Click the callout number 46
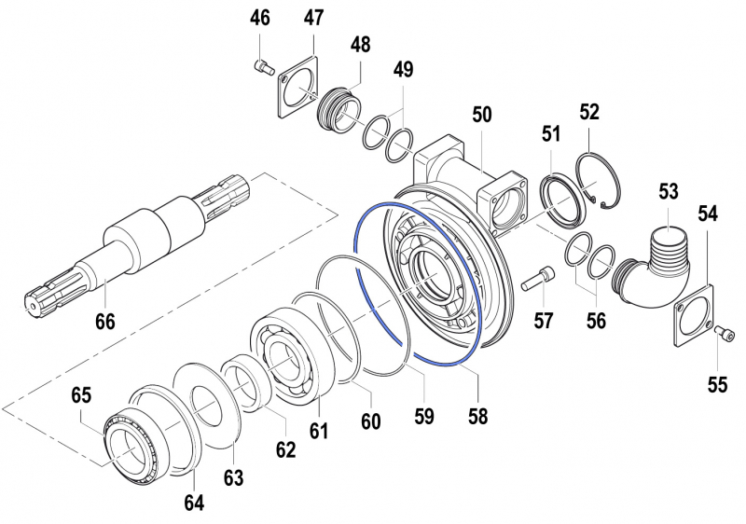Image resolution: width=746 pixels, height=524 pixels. tap(261, 19)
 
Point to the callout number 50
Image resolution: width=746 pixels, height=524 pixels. tap(482, 115)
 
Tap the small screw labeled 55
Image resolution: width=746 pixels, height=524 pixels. tap(725, 333)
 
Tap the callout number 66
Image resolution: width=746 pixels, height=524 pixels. tap(104, 323)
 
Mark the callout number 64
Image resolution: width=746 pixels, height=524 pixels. tap(193, 503)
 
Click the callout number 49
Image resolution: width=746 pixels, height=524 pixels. tap(403, 70)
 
